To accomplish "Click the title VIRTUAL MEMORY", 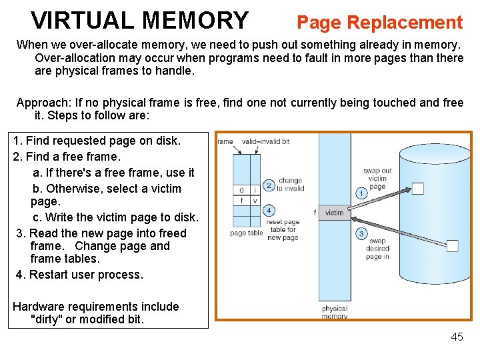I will coord(139,21).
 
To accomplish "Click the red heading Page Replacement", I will coord(379,23).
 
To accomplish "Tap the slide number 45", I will coord(457,337).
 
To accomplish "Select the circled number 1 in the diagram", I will coord(361,193).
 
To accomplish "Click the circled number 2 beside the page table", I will coord(269,185).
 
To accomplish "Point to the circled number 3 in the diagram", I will coord(361,233).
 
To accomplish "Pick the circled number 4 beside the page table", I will coord(269,210).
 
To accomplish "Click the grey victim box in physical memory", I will coord(334,213).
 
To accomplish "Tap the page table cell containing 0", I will coord(241,190).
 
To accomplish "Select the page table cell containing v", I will coord(255,200).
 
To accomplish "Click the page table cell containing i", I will coord(255,190).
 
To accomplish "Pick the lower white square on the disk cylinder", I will coord(453,246).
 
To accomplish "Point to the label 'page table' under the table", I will coord(247,233).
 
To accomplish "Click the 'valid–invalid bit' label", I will coord(265,141).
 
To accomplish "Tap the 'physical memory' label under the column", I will coord(335,312).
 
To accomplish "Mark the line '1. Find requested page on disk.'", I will coord(97,141).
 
